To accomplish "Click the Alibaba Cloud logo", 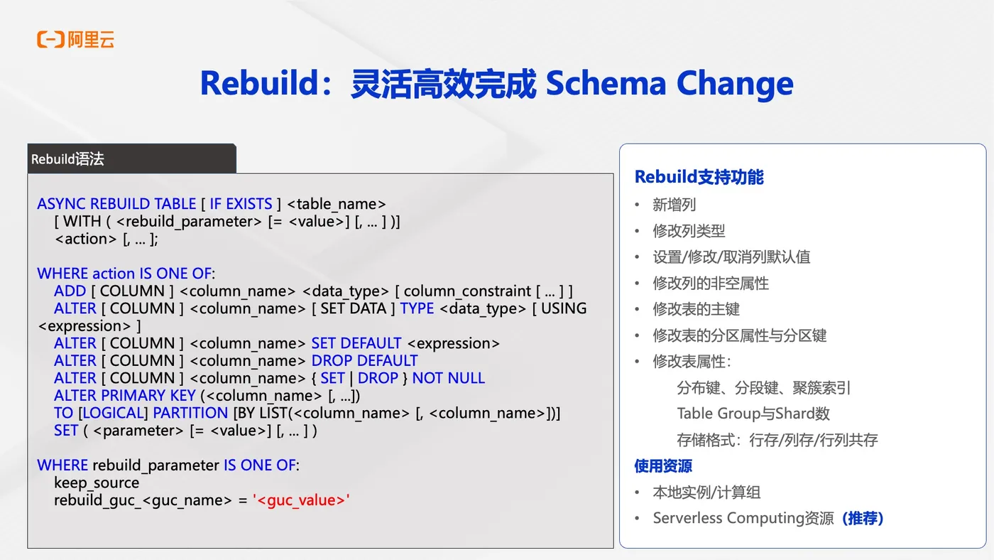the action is click(x=75, y=39).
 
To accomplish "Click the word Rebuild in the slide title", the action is click(x=258, y=83).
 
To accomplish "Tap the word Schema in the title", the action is click(x=606, y=83).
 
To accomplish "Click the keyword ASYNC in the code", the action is click(x=61, y=204).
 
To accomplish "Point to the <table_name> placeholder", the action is click(x=337, y=204).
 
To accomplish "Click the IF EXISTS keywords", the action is click(x=241, y=204).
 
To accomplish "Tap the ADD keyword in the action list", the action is click(x=70, y=291).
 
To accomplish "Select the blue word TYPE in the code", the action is click(x=417, y=308).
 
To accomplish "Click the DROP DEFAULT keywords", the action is click(x=364, y=360).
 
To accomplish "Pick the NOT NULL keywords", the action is click(x=448, y=378).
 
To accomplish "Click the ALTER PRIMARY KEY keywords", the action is click(x=125, y=395).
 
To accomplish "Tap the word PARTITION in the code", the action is click(x=190, y=413).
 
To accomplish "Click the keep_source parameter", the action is click(x=97, y=483).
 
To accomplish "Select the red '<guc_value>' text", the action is click(x=301, y=500).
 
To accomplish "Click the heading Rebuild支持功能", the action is click(x=699, y=177).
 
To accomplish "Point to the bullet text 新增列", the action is click(x=674, y=205).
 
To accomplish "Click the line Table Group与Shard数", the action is click(x=753, y=414).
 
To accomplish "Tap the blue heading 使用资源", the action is click(x=663, y=466).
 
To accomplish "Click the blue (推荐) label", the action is click(x=863, y=518).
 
